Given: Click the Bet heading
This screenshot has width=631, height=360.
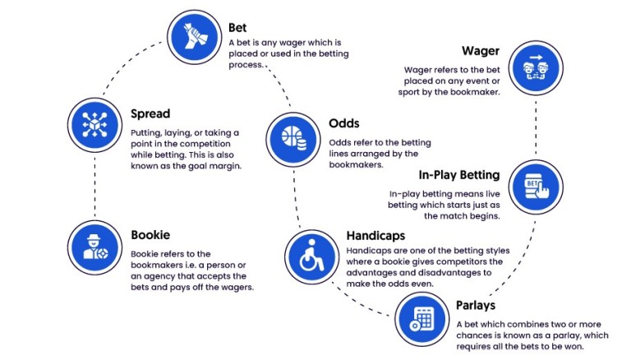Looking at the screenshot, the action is pyautogui.click(x=237, y=27).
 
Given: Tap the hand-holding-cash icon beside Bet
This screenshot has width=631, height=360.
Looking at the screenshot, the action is pyautogui.click(x=195, y=37).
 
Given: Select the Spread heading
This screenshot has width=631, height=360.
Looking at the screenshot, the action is pyautogui.click(x=150, y=114).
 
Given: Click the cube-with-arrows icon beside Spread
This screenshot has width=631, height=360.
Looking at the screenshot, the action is pyautogui.click(x=95, y=125).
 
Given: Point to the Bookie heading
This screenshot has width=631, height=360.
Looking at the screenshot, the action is pyautogui.click(x=150, y=235).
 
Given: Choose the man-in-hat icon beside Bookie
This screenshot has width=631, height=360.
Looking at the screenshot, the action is pyautogui.click(x=95, y=247).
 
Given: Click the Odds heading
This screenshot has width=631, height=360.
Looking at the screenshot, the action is pyautogui.click(x=344, y=123).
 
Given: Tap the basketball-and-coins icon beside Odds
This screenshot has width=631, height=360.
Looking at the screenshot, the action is pyautogui.click(x=293, y=140).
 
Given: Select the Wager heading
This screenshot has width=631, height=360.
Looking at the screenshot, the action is pyautogui.click(x=481, y=51).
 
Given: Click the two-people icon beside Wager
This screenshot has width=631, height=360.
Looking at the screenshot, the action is pyautogui.click(x=536, y=67).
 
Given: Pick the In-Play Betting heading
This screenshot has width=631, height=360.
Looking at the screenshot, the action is pyautogui.click(x=459, y=175).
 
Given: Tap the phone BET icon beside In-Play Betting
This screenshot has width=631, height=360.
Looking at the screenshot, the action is pyautogui.click(x=536, y=187).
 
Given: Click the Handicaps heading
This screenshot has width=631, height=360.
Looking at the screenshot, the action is pyautogui.click(x=375, y=236).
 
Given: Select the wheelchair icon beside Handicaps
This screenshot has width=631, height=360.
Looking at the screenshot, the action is pyautogui.click(x=312, y=257).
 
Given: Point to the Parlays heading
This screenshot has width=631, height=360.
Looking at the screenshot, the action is pyautogui.click(x=476, y=305).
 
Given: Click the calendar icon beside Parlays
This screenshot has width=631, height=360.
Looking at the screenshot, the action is pyautogui.click(x=421, y=319).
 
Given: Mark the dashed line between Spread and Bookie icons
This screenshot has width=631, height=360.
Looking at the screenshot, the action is pyautogui.click(x=95, y=187).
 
